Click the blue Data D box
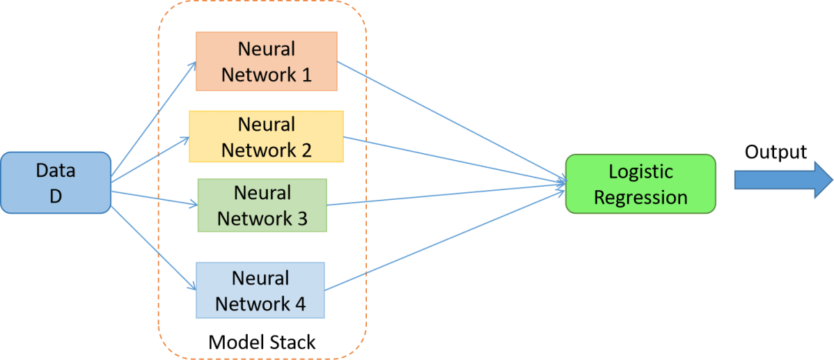point(55,183)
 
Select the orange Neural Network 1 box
point(267,61)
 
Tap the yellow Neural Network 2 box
point(267,136)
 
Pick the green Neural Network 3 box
point(262,205)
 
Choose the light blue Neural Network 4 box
point(260,290)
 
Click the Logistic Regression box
point(640,184)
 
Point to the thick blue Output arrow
point(784,180)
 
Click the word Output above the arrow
point(776,152)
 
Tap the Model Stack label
point(262,341)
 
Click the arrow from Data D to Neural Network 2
point(150,159)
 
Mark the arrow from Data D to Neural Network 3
point(155,197)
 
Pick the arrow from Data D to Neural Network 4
point(153,248)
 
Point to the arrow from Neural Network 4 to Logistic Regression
point(445,240)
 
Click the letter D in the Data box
point(55,196)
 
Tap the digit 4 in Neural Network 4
point(299,305)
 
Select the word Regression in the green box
point(640,197)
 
